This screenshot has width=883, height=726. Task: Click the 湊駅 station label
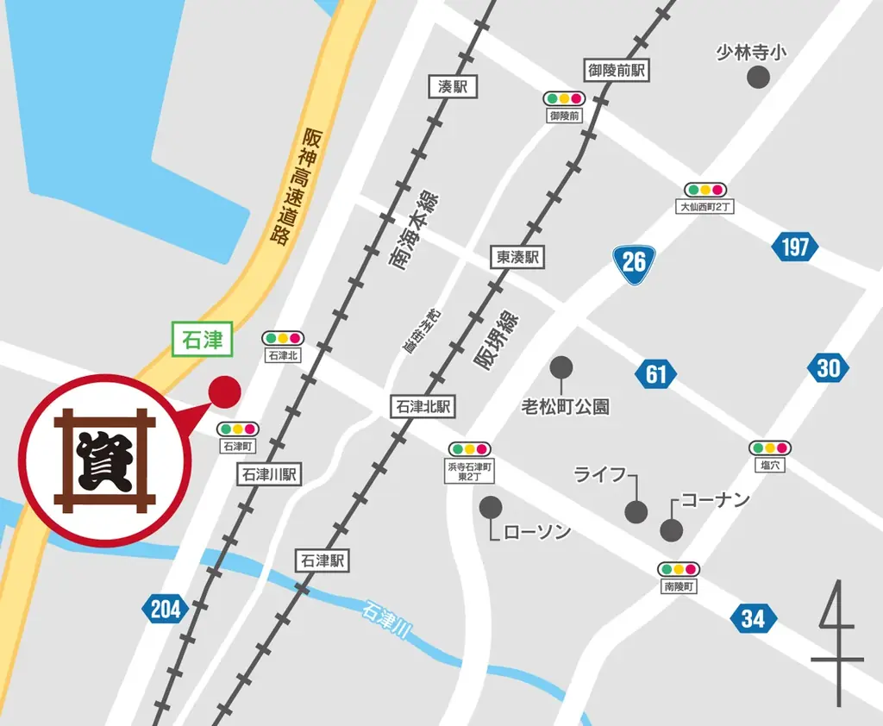click(453, 86)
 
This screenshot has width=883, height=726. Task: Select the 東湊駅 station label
click(518, 257)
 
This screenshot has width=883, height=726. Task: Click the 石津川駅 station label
click(269, 473)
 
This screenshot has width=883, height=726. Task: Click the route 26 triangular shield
click(634, 260)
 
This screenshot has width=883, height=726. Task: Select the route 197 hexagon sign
click(794, 247)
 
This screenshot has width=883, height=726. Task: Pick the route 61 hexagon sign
click(656, 373)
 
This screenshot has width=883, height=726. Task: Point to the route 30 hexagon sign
click(828, 368)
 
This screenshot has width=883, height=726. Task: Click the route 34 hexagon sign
click(752, 617)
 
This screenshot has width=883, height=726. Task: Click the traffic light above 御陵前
click(564, 98)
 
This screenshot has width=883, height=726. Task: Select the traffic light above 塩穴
click(770, 447)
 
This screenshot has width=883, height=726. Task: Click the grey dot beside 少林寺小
click(758, 78)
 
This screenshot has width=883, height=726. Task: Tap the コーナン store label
click(716, 500)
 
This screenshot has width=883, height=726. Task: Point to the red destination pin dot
click(226, 392)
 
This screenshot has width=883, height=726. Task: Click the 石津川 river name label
click(385, 622)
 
